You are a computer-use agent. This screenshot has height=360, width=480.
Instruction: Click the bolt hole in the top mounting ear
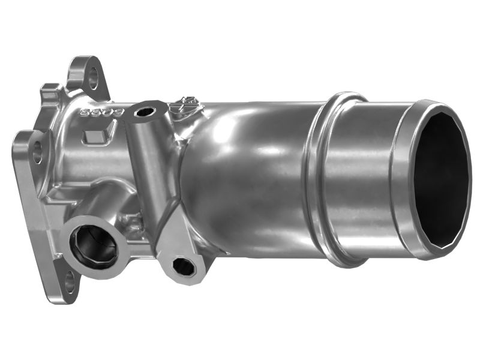tap(92, 77)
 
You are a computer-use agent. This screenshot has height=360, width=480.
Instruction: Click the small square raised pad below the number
tap(95, 136)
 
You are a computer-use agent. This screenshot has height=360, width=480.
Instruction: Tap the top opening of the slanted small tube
tap(145, 112)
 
